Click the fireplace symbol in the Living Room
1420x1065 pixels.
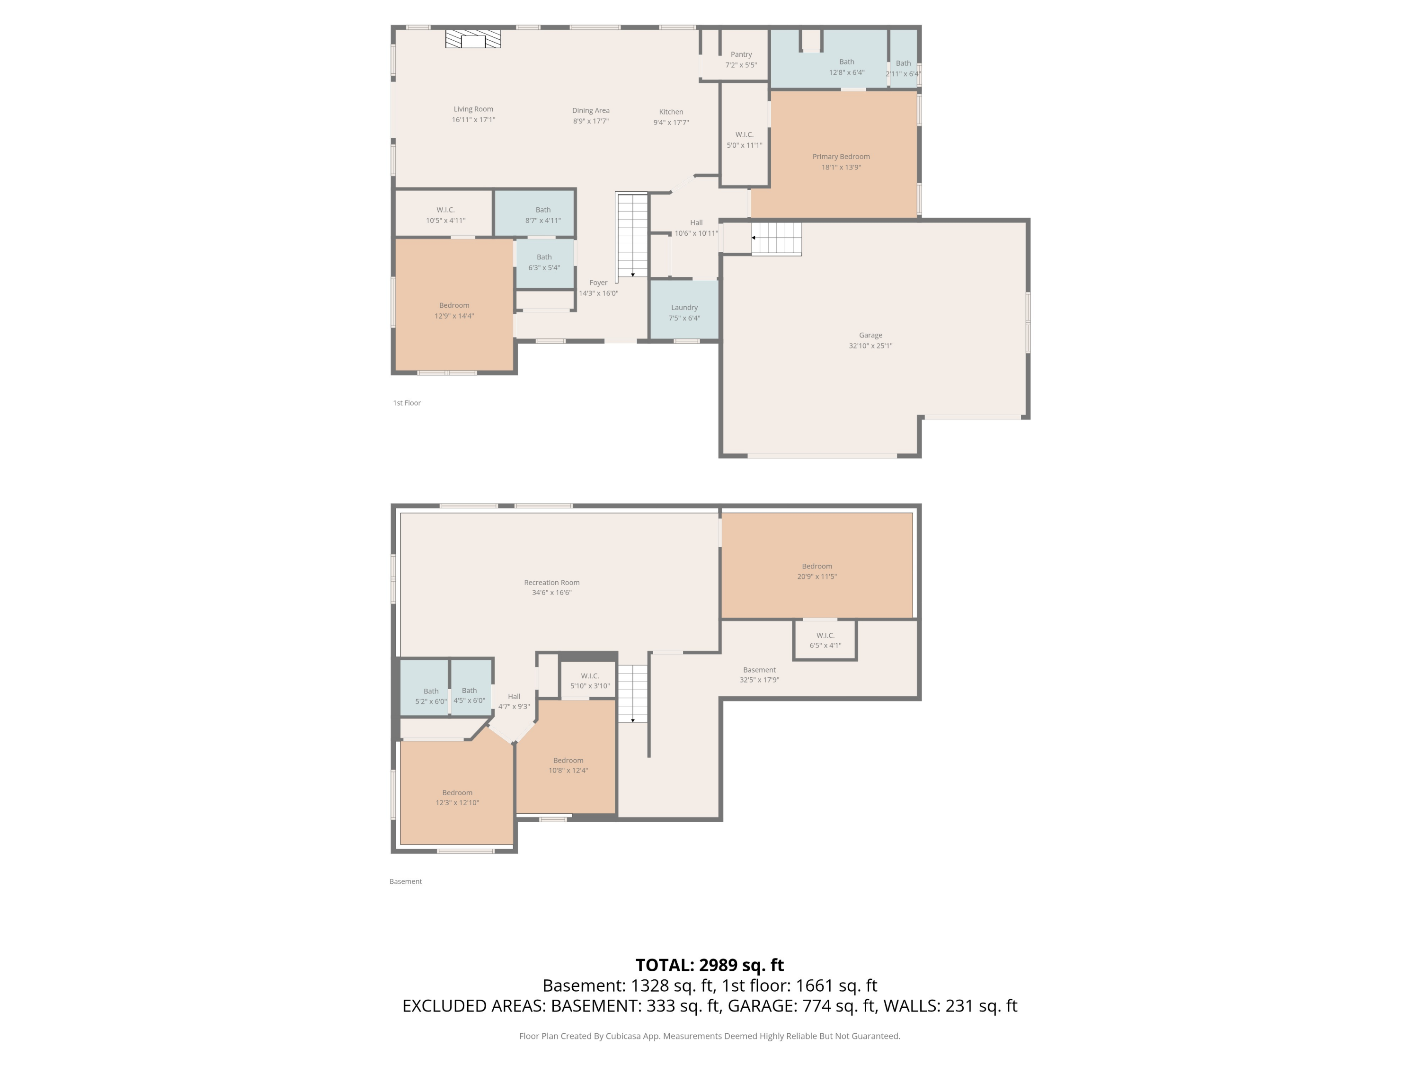click(473, 38)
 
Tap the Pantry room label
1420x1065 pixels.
click(741, 54)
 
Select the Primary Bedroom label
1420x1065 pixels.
click(841, 157)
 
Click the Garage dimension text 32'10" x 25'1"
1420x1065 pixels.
click(870, 346)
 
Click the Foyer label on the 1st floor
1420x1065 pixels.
click(598, 283)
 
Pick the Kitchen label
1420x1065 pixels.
click(671, 112)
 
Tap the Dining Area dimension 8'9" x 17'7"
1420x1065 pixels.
click(591, 121)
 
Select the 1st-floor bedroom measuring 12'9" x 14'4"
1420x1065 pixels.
click(454, 304)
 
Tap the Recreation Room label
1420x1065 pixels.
click(551, 583)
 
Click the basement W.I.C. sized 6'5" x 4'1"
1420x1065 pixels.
click(825, 640)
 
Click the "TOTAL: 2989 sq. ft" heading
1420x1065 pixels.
click(710, 965)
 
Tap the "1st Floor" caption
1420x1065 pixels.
click(407, 403)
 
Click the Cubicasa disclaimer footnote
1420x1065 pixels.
click(710, 1036)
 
